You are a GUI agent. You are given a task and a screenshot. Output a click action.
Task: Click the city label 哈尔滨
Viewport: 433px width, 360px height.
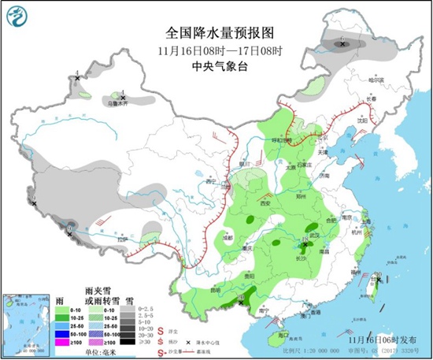tap(379, 80)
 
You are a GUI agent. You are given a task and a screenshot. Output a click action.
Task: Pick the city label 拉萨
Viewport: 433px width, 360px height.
tap(120, 239)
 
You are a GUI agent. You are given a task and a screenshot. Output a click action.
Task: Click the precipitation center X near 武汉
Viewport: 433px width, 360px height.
tap(305, 245)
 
